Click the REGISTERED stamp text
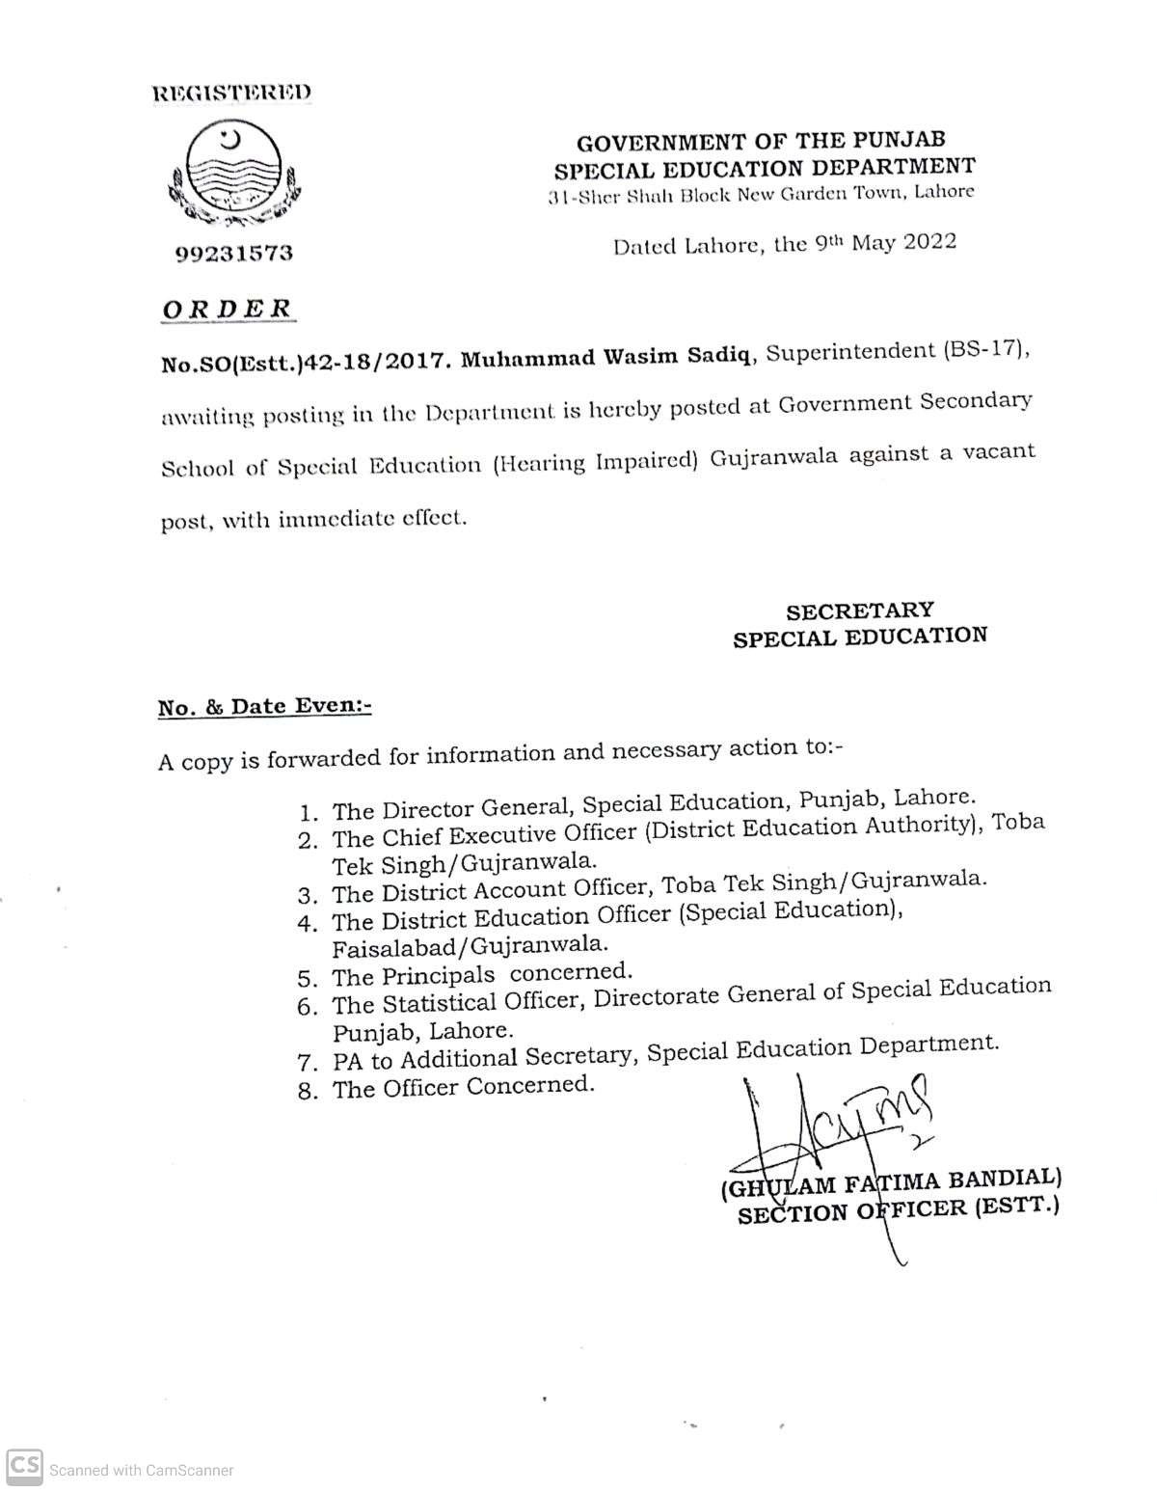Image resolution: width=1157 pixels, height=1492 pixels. tap(232, 93)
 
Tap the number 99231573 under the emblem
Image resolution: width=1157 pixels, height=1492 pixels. tap(234, 254)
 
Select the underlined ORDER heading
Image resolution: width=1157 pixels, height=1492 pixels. tap(227, 309)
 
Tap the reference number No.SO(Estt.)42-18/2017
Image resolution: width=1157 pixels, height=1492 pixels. tap(305, 363)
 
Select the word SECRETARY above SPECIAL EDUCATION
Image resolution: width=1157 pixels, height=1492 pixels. tap(860, 611)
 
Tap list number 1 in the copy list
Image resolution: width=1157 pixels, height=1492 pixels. tap(309, 813)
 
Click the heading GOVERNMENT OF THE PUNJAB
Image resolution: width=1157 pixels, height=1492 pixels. tap(761, 143)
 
